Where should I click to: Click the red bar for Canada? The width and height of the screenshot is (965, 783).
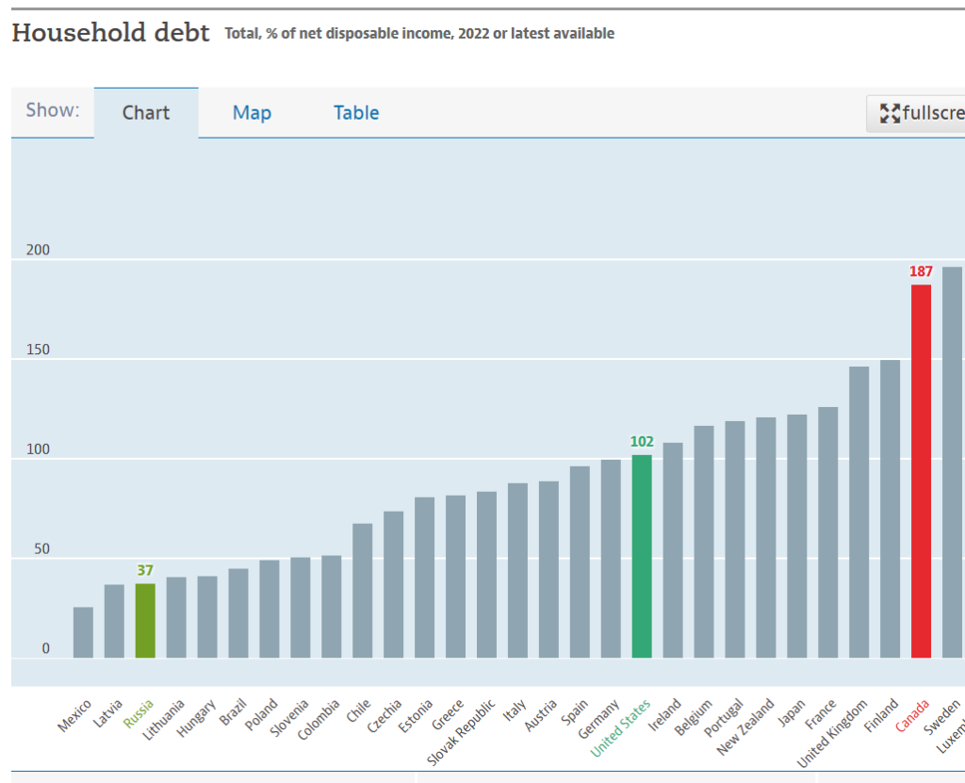(921, 471)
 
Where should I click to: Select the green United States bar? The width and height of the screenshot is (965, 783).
(642, 556)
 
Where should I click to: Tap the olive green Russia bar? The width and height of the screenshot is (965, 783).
(145, 621)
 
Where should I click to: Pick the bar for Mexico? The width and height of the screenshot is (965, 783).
(83, 632)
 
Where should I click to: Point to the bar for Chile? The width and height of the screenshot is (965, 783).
(362, 591)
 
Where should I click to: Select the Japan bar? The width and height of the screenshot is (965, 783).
(796, 536)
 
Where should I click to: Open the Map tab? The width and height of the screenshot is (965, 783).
(252, 113)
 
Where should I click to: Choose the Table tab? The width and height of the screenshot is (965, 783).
(356, 113)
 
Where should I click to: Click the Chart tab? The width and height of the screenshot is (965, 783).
(146, 113)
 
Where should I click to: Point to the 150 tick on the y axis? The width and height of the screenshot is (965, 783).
(38, 351)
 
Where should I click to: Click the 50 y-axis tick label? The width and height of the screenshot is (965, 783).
(41, 550)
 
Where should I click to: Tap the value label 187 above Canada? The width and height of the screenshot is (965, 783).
(921, 271)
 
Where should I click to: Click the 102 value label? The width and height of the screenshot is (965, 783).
(642, 442)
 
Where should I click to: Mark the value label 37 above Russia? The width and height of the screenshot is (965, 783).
(145, 570)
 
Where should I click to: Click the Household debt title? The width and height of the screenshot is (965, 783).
(110, 33)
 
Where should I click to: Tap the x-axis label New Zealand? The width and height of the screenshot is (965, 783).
(746, 726)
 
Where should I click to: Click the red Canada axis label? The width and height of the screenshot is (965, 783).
(912, 715)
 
